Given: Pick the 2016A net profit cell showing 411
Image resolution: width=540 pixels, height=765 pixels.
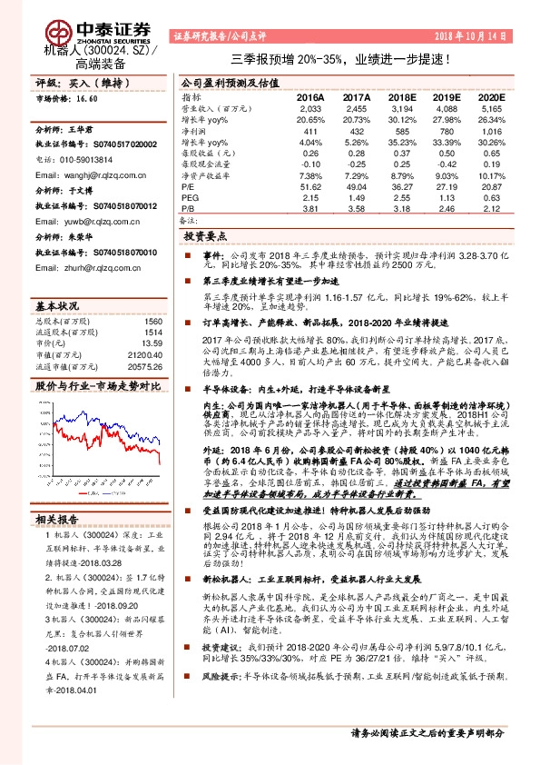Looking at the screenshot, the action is pos(310,133).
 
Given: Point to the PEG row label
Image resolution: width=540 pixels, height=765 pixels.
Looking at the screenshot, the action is pos(190,196).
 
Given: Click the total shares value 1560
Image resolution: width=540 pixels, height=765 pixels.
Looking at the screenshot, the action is pos(153,322).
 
